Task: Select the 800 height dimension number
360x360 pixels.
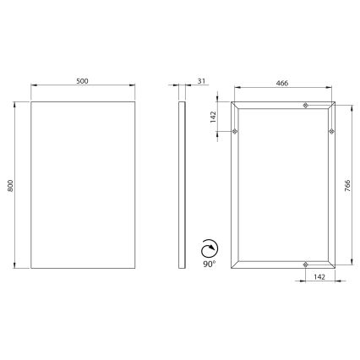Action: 10,186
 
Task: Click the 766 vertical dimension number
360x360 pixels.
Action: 348,186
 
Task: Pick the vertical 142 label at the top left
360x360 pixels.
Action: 215,117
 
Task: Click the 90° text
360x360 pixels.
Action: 210,265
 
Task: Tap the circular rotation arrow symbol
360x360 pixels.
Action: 208,248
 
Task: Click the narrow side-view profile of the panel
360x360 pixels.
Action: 181,186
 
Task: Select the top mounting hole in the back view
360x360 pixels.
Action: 306,105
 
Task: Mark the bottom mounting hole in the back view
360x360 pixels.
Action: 306,267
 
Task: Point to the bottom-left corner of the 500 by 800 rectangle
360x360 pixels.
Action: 31,269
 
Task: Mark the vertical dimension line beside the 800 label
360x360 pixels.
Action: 17,186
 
